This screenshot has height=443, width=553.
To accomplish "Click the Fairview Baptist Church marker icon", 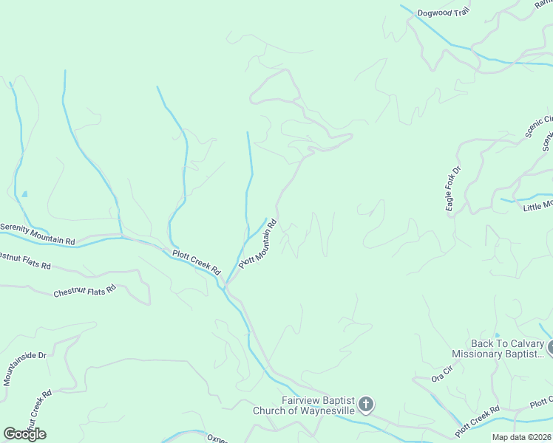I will coord(366,405).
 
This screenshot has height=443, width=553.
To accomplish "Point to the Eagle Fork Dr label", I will coord(453,190).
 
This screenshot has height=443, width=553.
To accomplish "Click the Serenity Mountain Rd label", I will coord(38,234).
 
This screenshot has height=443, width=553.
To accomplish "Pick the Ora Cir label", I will coord(441,374).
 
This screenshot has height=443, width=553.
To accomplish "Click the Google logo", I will coord(24,433).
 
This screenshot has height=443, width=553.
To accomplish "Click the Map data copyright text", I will coord(522,437).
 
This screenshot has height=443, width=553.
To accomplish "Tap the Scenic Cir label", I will coord(539,126).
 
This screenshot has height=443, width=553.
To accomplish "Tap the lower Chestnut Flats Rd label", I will coord(84,290).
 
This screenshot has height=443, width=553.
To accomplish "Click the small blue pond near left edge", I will coord(24,194).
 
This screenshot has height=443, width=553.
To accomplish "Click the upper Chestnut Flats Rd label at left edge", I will coord(24,261).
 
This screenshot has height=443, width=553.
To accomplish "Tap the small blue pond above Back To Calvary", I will coord(496,335).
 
